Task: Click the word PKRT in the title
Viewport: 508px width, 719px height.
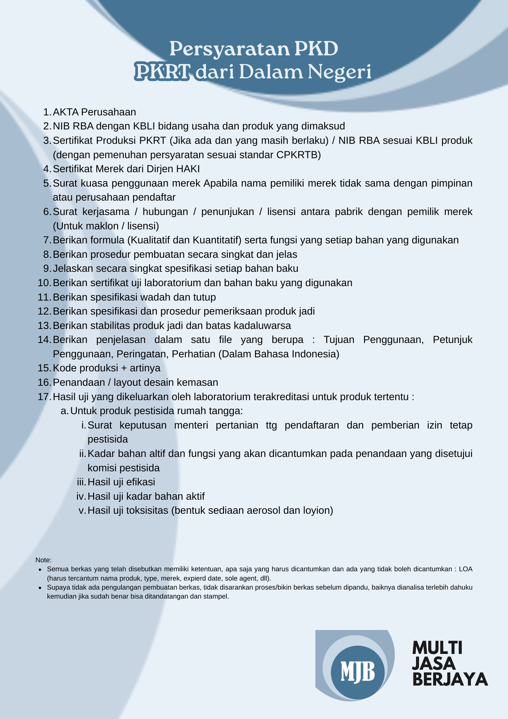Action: pyautogui.click(x=162, y=72)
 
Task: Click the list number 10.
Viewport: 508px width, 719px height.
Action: pyautogui.click(x=44, y=283)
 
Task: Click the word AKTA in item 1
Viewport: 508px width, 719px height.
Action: pyautogui.click(x=66, y=112)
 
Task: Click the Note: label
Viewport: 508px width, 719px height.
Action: pyautogui.click(x=43, y=560)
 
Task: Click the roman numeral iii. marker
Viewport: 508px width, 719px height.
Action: pyautogui.click(x=81, y=482)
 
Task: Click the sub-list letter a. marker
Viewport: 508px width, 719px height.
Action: pyautogui.click(x=65, y=411)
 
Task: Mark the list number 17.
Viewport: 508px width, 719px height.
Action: pyautogui.click(x=44, y=397)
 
